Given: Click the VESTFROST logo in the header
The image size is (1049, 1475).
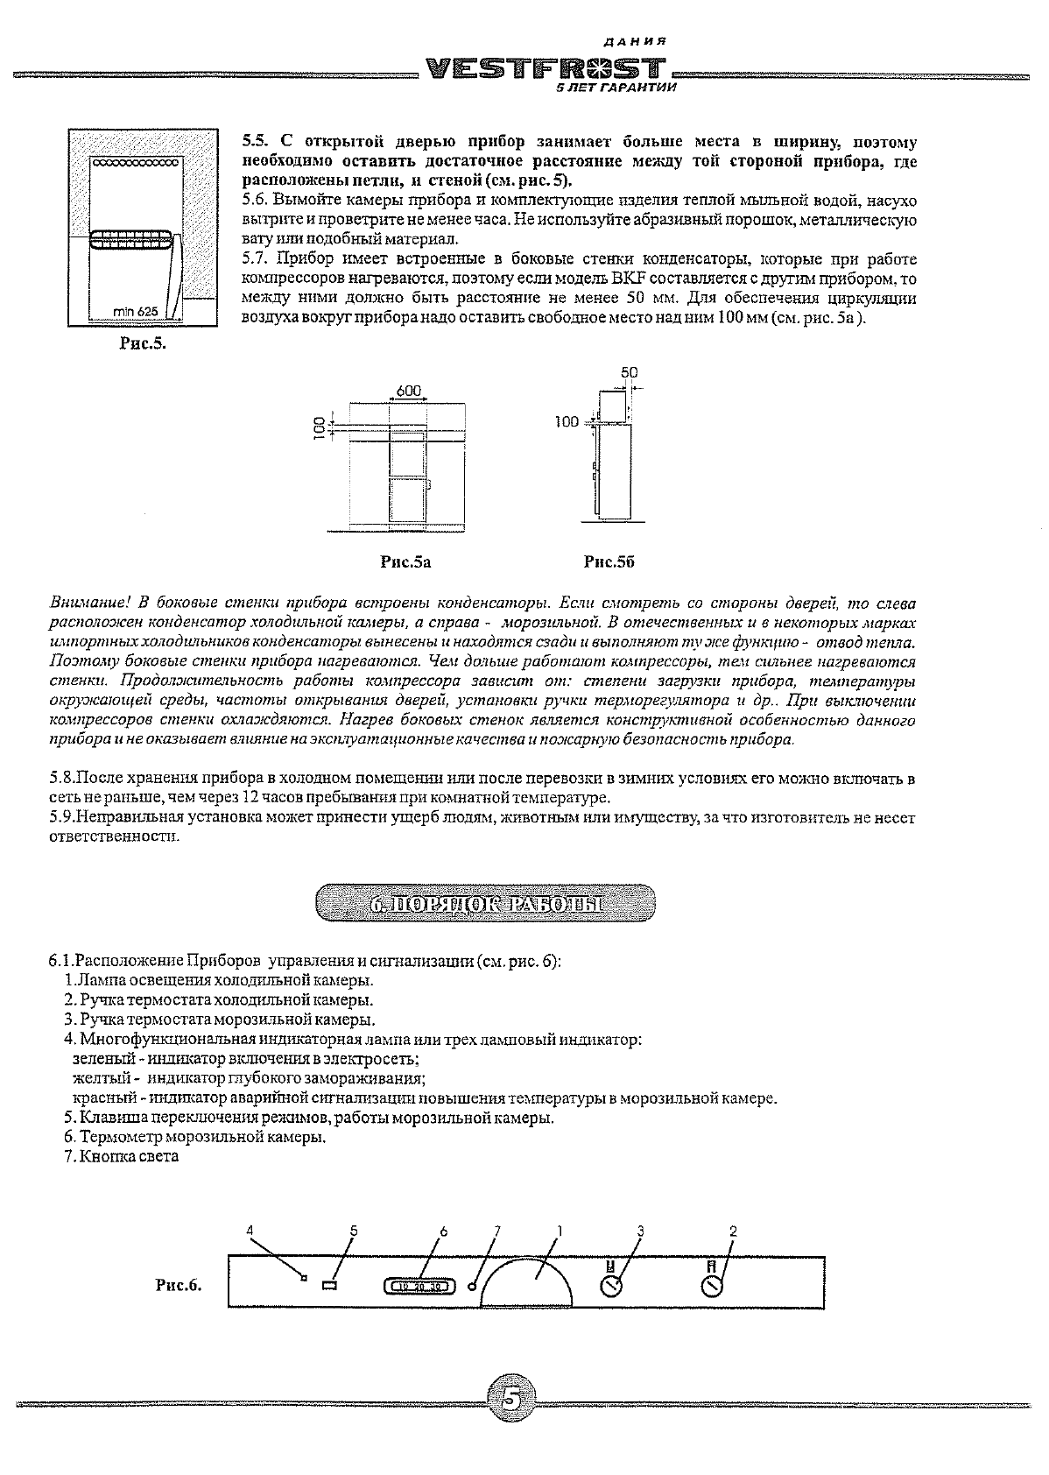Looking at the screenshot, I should (x=544, y=69).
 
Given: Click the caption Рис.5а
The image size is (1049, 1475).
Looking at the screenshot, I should (x=405, y=562).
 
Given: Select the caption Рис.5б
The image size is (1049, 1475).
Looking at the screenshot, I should (x=609, y=562).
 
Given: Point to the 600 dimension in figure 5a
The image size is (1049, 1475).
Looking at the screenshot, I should (x=409, y=391).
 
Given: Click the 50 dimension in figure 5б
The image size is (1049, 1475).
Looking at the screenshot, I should (x=629, y=372).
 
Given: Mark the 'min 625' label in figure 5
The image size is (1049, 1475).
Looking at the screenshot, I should (x=134, y=311).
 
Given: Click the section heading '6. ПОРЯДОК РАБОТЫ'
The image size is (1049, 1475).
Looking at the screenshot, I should (x=484, y=903).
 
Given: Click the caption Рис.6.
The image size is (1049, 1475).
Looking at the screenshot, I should (x=179, y=1286).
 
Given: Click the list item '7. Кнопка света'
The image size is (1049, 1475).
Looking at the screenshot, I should (x=121, y=1156).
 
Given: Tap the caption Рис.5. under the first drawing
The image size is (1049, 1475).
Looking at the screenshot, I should (x=143, y=343).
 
